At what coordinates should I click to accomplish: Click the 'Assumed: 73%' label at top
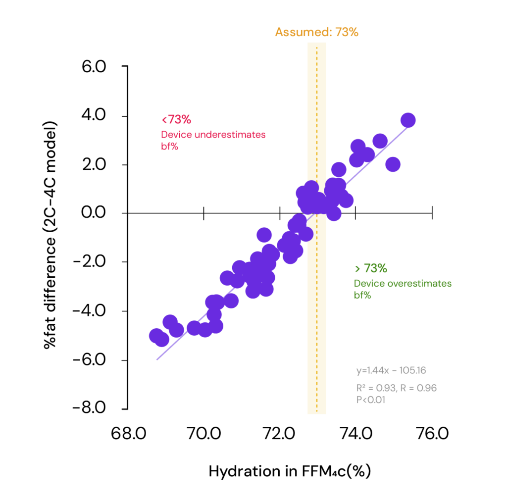(x=316, y=33)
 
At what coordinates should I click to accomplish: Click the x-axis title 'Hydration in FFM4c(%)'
(x=290, y=471)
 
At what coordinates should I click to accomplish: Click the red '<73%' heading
(x=176, y=120)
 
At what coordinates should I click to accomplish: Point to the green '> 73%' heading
(x=370, y=269)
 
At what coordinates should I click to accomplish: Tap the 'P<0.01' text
(x=371, y=400)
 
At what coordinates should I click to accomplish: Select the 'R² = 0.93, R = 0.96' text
(x=396, y=388)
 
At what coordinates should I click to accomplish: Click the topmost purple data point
(x=408, y=120)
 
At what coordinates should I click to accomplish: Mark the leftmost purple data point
(x=156, y=336)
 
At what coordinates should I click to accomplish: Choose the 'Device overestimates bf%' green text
(x=402, y=289)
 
